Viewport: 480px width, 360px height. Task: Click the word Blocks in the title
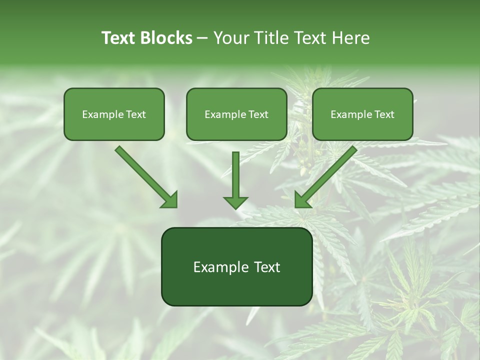coord(166,38)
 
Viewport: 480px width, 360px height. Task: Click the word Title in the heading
coord(268,38)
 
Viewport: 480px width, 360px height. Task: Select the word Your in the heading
coord(230,38)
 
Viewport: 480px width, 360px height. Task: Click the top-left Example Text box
coord(114,114)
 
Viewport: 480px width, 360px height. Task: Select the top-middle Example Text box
coord(236,114)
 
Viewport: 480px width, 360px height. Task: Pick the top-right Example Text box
coord(362,114)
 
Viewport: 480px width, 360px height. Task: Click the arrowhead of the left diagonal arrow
coord(169,199)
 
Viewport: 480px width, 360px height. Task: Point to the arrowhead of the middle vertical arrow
coord(235,202)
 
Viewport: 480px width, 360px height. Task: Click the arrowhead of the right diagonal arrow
coord(302,199)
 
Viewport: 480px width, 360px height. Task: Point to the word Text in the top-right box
coord(384,114)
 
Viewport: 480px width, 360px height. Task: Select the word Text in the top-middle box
coord(258,114)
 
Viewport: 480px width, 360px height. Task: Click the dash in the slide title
coord(202,38)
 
